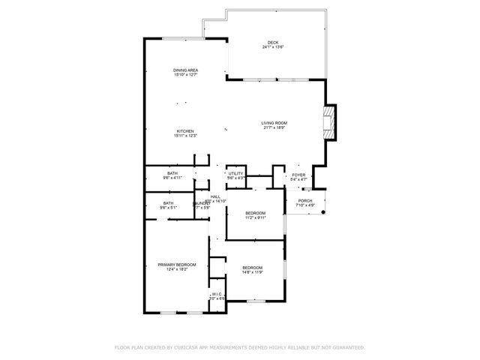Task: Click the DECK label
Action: pos(272,42)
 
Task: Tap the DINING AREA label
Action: pos(186,70)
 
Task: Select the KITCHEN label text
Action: pos(186,130)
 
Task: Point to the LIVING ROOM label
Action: pos(274,123)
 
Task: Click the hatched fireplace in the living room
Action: pos(328,123)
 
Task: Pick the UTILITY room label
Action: pos(236,173)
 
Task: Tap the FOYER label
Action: pos(298,174)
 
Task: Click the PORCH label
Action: pos(305,200)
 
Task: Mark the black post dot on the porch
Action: pos(323,213)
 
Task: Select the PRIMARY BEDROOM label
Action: pos(177,265)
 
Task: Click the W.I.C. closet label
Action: pos(217,294)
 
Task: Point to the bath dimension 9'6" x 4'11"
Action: pos(172,178)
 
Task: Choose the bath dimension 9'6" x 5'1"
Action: pos(169,208)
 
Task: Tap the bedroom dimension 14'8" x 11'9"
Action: pos(252,272)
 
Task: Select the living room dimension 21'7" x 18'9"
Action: pos(274,127)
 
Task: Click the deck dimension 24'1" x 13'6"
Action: pos(272,46)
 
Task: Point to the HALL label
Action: pos(215,196)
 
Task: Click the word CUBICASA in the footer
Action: pos(190,347)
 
